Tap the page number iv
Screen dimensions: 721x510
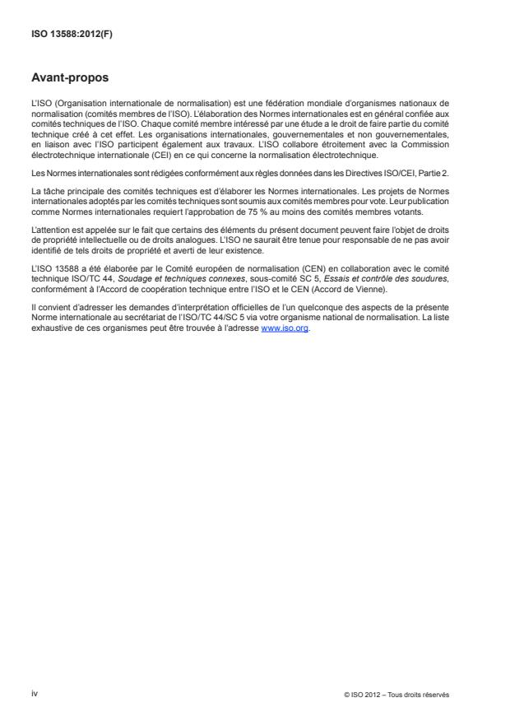tap(35, 694)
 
